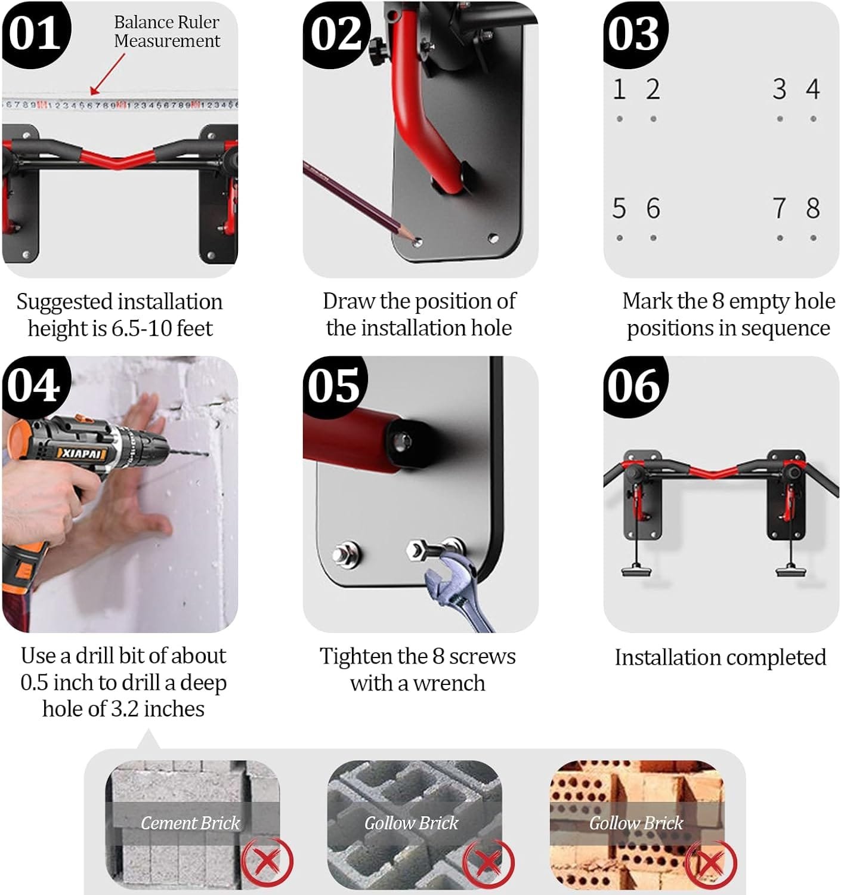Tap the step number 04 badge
(35, 386)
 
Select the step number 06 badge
(635, 386)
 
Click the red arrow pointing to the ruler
(107, 75)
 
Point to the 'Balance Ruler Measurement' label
(167, 32)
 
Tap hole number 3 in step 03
(780, 119)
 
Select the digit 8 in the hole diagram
(813, 208)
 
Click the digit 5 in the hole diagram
(619, 208)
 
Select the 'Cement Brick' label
(190, 823)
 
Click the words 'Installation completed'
(720, 658)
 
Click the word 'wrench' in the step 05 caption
(449, 683)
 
